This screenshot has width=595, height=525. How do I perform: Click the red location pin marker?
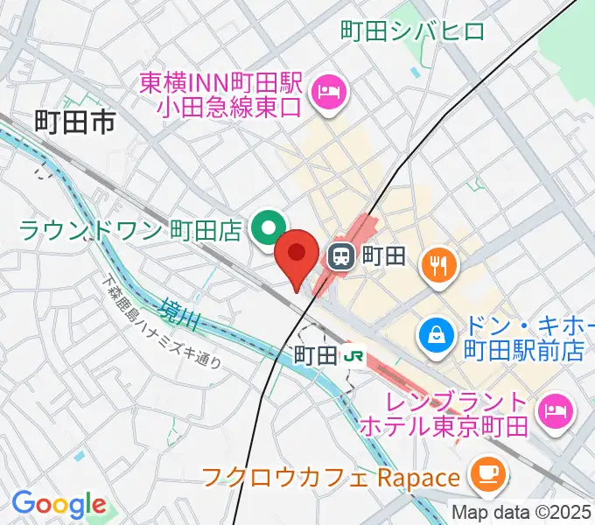[x=296, y=255]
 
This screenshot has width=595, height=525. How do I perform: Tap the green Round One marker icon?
[x=266, y=229]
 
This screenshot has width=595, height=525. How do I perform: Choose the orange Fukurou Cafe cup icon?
[x=485, y=474]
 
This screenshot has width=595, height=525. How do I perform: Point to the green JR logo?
[x=353, y=355]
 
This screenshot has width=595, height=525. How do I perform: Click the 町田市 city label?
[x=75, y=122]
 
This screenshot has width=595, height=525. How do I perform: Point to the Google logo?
[x=58, y=504]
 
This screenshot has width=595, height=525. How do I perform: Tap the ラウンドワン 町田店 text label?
[x=129, y=231]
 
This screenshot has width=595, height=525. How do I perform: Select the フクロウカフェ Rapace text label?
[x=331, y=478]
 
